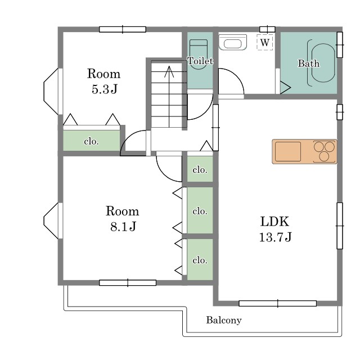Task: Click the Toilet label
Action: click(x=200, y=61)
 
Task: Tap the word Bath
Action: click(x=309, y=64)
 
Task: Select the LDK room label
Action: click(x=274, y=222)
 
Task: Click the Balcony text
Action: click(x=224, y=320)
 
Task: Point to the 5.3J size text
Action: click(x=105, y=89)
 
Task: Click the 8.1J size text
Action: click(x=123, y=227)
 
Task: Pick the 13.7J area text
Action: click(x=275, y=237)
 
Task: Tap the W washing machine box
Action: click(x=265, y=42)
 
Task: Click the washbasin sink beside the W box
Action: click(x=232, y=42)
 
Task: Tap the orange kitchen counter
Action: click(x=304, y=151)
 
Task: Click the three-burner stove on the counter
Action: click(x=324, y=151)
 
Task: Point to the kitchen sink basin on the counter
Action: click(x=288, y=151)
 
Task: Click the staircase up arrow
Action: click(x=169, y=97)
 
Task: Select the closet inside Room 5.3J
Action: click(x=91, y=141)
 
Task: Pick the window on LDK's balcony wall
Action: click(x=277, y=303)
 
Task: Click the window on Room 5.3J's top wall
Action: click(x=123, y=29)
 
